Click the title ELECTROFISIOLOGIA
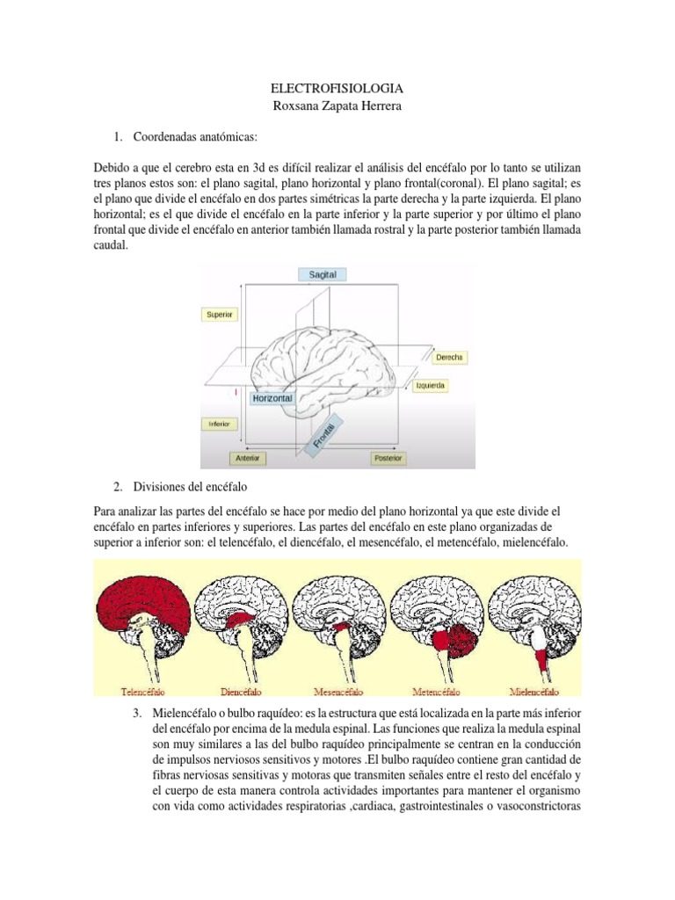337,90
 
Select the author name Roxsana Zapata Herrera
337,106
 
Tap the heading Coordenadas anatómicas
195,137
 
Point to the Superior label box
219,314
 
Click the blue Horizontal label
272,398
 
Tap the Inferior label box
219,424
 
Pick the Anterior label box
247,458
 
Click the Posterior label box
388,458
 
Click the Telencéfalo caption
142,693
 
